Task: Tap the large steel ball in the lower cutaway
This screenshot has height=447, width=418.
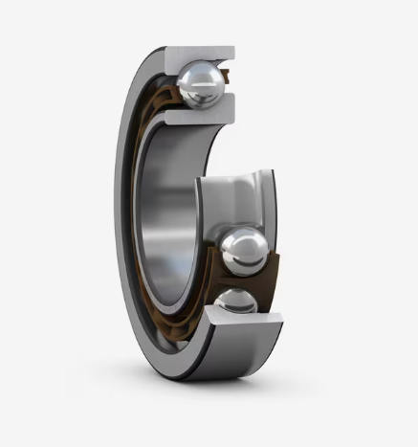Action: (244, 250)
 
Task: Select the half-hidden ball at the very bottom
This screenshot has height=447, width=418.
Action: (231, 303)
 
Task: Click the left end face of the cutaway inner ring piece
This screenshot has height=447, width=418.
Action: (202, 206)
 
